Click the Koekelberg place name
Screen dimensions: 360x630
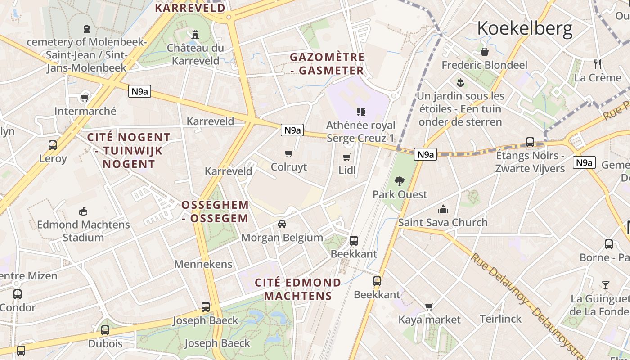(525, 28)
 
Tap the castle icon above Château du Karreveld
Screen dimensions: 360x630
(195, 34)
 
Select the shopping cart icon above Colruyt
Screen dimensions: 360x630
(289, 154)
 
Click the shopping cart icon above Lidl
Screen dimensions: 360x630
(347, 157)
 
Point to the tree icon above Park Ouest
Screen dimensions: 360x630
(399, 181)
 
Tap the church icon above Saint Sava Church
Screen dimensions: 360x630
(443, 209)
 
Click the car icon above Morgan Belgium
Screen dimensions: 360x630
(282, 224)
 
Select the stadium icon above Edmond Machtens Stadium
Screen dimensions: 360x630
(83, 211)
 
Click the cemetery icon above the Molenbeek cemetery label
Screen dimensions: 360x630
(87, 29)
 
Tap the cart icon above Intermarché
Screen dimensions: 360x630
(85, 98)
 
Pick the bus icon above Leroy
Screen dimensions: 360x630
(53, 145)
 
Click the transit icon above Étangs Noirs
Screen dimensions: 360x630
(530, 142)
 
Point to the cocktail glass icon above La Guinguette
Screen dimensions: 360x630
(606, 285)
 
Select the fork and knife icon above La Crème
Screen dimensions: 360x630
(598, 64)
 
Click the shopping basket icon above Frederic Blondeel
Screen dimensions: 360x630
(485, 52)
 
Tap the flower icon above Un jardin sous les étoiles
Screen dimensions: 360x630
(460, 83)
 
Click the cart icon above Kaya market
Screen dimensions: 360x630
(429, 306)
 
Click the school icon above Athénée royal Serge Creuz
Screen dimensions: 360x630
(361, 112)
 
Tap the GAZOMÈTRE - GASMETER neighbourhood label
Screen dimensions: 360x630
(327, 64)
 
